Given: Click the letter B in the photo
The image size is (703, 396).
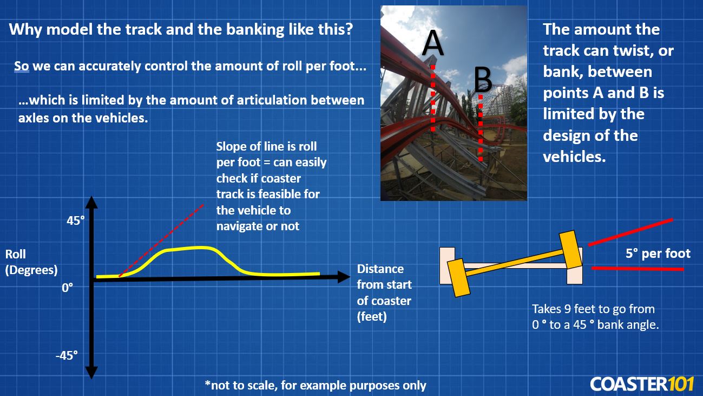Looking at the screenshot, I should (x=483, y=81).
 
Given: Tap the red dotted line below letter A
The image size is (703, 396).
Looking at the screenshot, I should (x=433, y=98).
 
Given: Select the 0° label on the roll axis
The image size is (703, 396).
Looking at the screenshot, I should (x=67, y=288).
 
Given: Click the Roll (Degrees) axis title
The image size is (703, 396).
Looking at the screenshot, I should (x=31, y=262).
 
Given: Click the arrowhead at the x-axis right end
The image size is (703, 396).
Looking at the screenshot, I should (x=343, y=277).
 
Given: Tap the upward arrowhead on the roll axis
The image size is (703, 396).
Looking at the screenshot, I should (x=91, y=203).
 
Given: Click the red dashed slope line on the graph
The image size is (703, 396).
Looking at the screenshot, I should (x=162, y=238).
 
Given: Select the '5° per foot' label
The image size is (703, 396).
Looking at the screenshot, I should (x=658, y=254).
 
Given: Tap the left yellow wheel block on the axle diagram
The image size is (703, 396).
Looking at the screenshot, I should (x=458, y=277).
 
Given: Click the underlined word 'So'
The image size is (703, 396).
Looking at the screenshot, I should (x=21, y=67).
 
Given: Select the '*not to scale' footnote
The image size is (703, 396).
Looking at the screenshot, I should (x=315, y=385).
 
